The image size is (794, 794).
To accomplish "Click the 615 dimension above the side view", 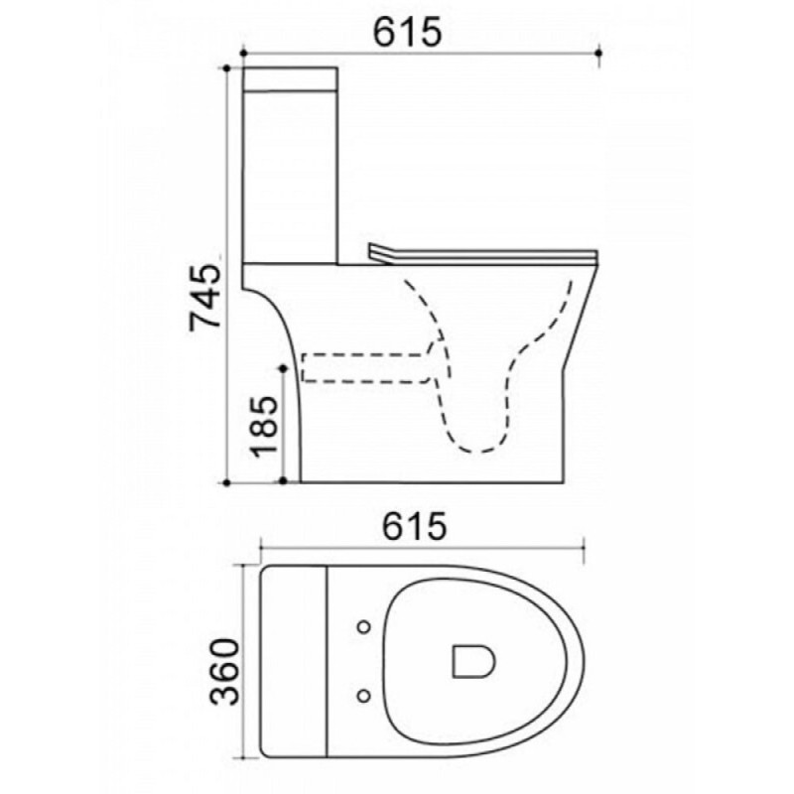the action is pyautogui.click(x=407, y=33).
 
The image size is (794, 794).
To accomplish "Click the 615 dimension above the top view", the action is pyautogui.click(x=414, y=526).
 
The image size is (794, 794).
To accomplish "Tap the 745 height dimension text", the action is pyautogui.click(x=205, y=297).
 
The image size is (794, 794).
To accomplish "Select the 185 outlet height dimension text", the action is pyautogui.click(x=265, y=426).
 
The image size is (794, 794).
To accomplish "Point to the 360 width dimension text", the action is pyautogui.click(x=224, y=672).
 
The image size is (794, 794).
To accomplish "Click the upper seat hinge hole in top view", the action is pyautogui.click(x=363, y=627).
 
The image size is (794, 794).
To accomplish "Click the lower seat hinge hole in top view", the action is pyautogui.click(x=363, y=697).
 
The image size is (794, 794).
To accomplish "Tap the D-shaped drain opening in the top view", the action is pyautogui.click(x=473, y=661).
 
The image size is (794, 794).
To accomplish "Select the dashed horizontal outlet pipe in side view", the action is pyautogui.click(x=365, y=367).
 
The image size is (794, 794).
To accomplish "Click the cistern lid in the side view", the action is pyautogui.click(x=291, y=79).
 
